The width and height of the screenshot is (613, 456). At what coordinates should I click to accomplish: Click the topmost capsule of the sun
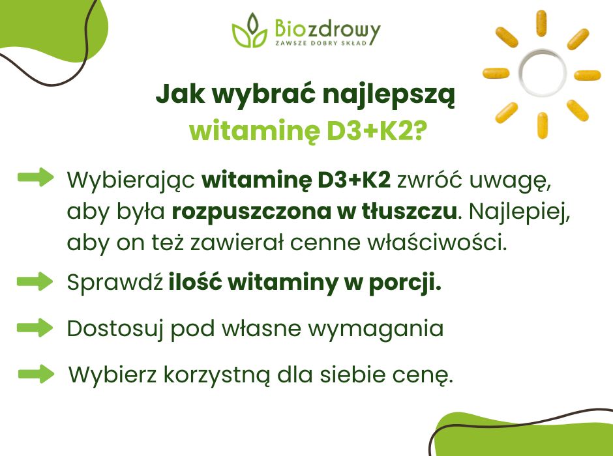coord(541,24)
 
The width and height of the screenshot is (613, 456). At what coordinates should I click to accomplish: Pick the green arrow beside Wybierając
coord(35,177)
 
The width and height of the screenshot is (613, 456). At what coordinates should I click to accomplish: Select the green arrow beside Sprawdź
coord(35,281)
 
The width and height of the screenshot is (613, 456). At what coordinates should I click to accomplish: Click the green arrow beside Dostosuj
coord(35,327)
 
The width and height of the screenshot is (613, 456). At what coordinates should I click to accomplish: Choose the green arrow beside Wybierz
coord(36,374)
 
